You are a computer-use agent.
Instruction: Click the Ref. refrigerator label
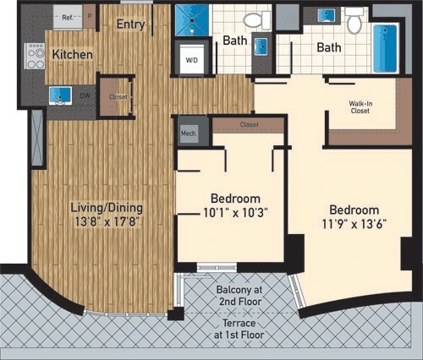pos(68,16)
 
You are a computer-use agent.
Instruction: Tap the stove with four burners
pos(36,56)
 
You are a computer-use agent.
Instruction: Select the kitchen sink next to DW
pos(59,95)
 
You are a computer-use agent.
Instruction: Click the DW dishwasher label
pos(85,95)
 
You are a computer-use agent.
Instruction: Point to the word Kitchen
pos(72,54)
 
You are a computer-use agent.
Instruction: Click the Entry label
pos(131,24)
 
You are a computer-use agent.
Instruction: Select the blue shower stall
pos(190,20)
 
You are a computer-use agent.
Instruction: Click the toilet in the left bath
pos(253,19)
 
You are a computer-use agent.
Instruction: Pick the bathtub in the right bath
pos(385,47)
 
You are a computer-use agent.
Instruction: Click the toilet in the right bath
pos(354,21)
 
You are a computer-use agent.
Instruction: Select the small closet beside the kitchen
pos(118,96)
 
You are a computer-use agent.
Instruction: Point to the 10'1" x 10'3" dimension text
pos(229,213)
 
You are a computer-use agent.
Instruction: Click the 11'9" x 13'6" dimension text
pos(354,225)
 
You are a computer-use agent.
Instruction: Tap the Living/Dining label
pos(107,207)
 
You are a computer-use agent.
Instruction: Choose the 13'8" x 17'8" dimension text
pos(107,222)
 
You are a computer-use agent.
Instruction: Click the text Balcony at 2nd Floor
pos(236,296)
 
